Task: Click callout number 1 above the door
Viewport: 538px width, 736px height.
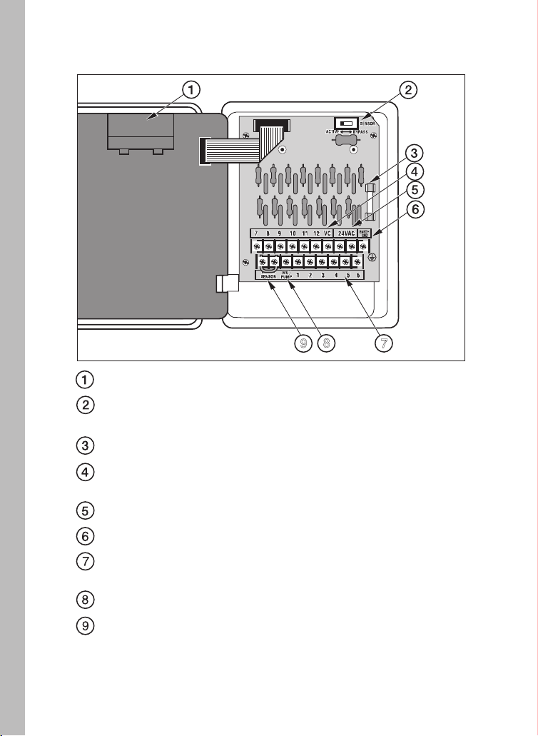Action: (x=190, y=90)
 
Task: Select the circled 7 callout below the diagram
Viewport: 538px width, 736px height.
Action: (x=383, y=343)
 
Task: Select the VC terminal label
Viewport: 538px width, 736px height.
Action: (x=328, y=233)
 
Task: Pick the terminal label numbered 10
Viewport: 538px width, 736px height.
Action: (x=293, y=233)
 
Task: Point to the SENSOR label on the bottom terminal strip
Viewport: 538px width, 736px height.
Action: (x=267, y=275)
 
